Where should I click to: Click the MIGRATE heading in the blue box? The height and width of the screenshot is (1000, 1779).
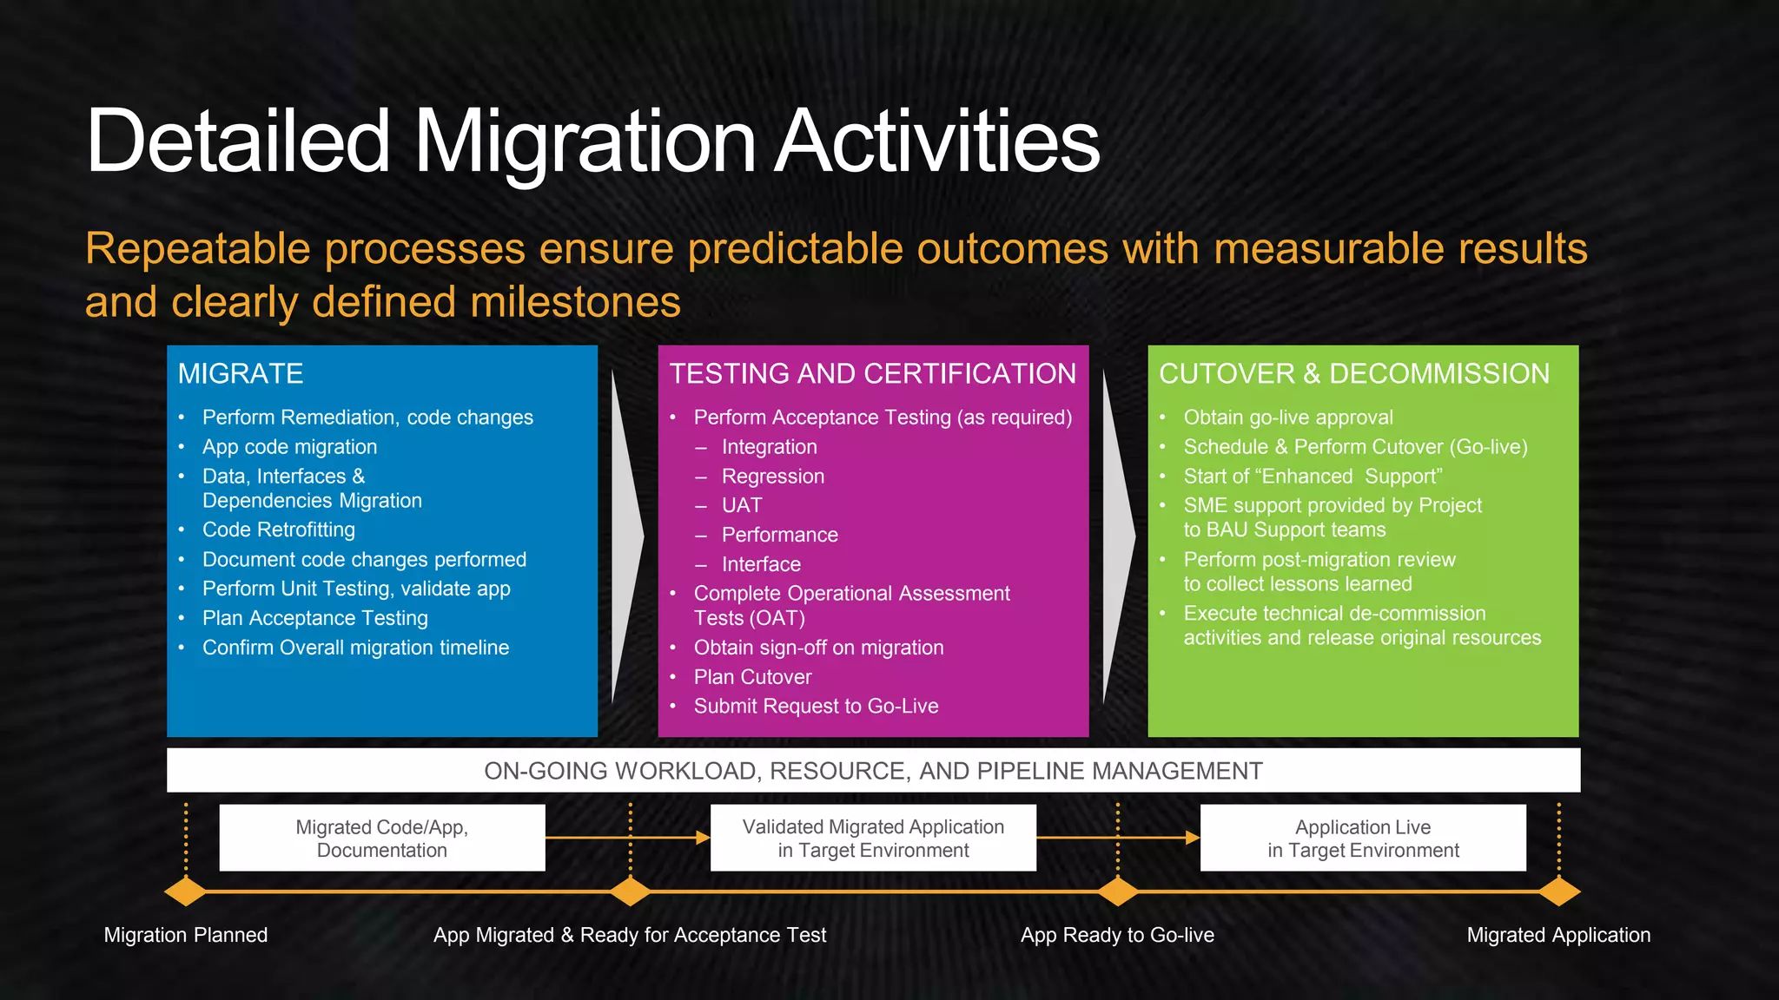[241, 373]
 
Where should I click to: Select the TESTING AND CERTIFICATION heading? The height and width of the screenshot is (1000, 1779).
[872, 373]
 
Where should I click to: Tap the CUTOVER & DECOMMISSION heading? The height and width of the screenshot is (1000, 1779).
[1353, 373]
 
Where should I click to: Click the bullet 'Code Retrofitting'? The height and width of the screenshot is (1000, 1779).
[278, 530]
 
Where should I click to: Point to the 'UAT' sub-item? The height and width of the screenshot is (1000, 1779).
[742, 505]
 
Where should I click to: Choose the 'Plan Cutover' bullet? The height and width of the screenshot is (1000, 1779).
[752, 677]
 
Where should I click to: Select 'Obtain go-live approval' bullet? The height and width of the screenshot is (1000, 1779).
[1287, 418]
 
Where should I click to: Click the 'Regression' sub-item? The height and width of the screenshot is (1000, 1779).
[772, 477]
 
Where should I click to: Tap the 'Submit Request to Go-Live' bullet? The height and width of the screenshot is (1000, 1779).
[816, 707]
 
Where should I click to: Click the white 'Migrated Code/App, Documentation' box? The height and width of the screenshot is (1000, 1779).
[382, 838]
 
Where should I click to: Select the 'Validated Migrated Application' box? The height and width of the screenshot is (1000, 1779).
[873, 838]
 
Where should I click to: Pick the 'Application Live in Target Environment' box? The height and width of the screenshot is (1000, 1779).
[1363, 838]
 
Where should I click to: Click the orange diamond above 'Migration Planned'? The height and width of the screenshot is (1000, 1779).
[185, 891]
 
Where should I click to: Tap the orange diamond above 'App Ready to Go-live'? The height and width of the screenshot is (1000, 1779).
[1118, 891]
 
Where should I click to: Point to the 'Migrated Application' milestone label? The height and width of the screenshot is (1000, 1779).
[1558, 935]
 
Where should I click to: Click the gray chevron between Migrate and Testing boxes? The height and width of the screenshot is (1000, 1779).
[625, 536]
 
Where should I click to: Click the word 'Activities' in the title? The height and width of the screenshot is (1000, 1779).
[936, 141]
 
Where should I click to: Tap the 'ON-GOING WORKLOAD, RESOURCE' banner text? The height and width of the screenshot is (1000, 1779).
[873, 771]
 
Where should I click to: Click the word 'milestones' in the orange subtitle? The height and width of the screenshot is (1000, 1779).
[575, 302]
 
